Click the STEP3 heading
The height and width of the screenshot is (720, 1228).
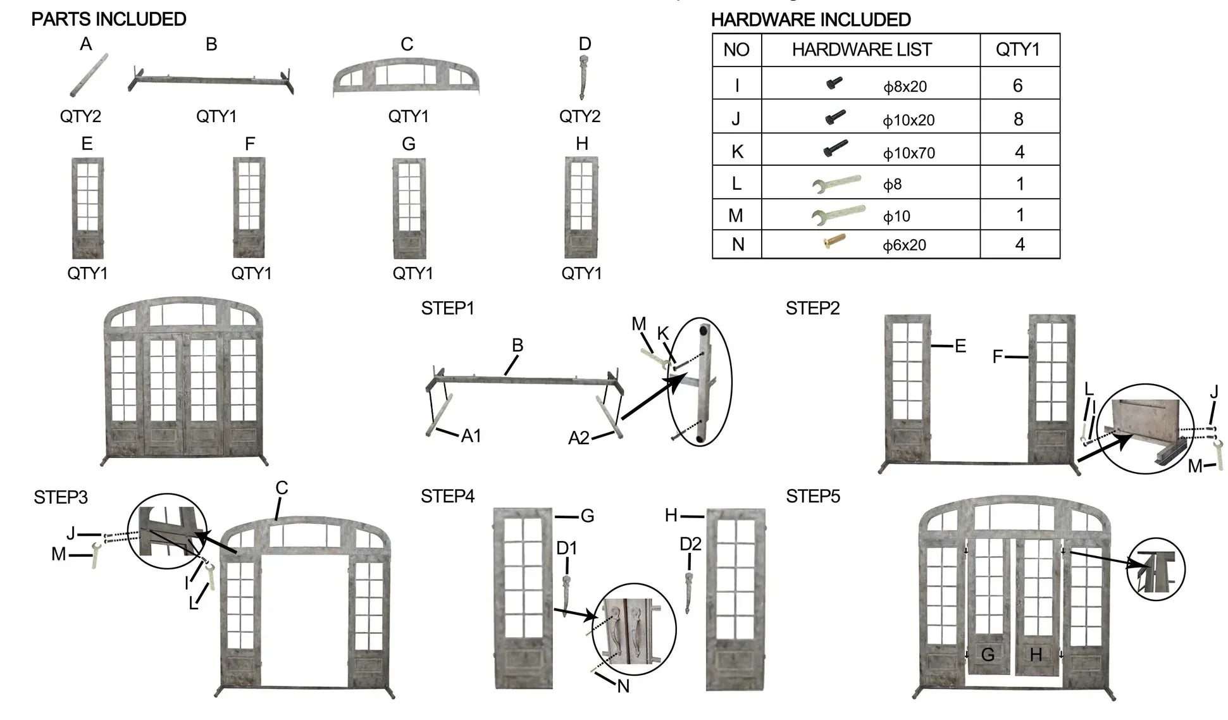61,497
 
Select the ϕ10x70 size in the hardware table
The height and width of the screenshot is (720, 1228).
909,152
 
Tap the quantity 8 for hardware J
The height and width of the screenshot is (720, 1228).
1018,119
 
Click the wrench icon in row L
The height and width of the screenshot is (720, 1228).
836,184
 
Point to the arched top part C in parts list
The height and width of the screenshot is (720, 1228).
406,78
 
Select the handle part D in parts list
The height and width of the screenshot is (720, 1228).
583,77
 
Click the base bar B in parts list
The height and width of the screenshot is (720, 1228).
211,80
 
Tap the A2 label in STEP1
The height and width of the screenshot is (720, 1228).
579,438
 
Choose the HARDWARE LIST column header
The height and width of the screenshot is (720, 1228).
862,50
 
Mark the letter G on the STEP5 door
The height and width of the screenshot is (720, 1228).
988,655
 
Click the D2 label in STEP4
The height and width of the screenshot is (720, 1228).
690,544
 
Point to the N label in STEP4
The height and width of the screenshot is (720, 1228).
623,686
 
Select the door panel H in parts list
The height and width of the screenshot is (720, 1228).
581,208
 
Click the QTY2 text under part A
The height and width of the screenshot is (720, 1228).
80,116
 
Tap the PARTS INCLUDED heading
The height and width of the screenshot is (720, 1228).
109,20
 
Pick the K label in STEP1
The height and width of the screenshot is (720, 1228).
663,334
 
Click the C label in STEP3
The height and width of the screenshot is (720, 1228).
282,488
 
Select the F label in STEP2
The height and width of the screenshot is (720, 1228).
998,357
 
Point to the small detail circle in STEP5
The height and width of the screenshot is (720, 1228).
1156,569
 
